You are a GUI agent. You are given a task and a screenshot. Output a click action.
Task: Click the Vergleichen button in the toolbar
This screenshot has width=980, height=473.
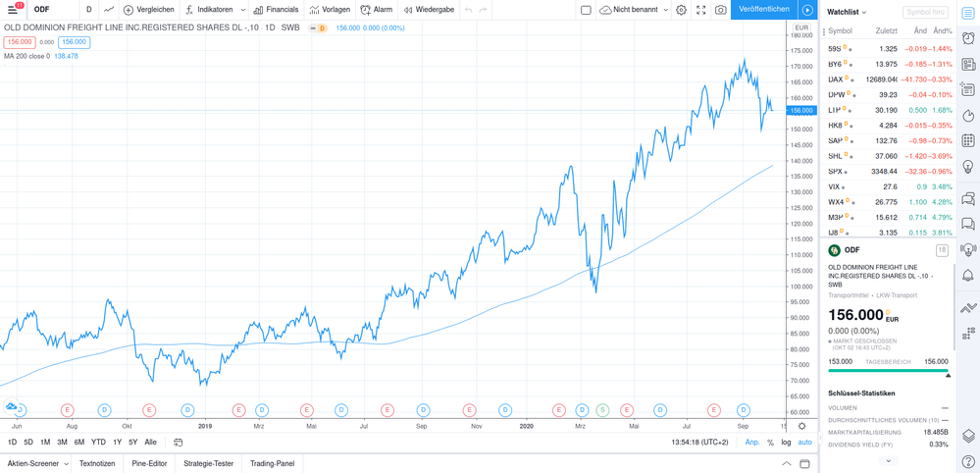pyautogui.click(x=149, y=10)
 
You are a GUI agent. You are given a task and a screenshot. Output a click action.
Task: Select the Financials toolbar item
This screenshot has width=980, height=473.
pyautogui.click(x=276, y=10)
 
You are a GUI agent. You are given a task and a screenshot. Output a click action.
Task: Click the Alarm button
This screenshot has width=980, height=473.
pyautogui.click(x=377, y=10)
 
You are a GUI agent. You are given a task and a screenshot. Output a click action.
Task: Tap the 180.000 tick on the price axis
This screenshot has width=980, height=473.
pyautogui.click(x=801, y=35)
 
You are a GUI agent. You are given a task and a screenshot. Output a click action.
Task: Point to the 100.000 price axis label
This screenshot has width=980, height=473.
pyautogui.click(x=801, y=287)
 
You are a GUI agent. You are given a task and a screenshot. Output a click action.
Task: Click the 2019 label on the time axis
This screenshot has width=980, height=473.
pyautogui.click(x=205, y=426)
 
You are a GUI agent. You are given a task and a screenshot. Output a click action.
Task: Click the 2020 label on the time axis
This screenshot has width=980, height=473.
pyautogui.click(x=527, y=426)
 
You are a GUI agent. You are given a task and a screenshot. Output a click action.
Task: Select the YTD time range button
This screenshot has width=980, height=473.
pyautogui.click(x=98, y=443)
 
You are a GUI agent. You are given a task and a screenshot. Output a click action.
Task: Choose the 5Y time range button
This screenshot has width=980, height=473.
pyautogui.click(x=133, y=443)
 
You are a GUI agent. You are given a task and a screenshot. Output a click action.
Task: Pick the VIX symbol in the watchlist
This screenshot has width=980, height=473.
pyautogui.click(x=836, y=186)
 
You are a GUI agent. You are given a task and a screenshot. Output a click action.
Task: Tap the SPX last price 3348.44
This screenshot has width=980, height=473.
pyautogui.click(x=882, y=172)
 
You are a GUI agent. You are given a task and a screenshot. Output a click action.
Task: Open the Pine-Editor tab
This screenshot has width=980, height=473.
pyautogui.click(x=149, y=463)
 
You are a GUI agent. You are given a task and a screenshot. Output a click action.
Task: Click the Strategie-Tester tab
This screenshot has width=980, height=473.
pyautogui.click(x=208, y=463)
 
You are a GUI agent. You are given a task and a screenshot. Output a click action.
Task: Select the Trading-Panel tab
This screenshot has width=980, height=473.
pyautogui.click(x=272, y=463)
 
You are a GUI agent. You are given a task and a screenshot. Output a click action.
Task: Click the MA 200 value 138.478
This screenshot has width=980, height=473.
pyautogui.click(x=66, y=56)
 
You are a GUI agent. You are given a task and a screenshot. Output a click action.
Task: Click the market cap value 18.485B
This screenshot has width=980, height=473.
pyautogui.click(x=935, y=432)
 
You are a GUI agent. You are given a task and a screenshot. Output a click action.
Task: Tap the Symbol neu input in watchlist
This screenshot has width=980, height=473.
pyautogui.click(x=925, y=13)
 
